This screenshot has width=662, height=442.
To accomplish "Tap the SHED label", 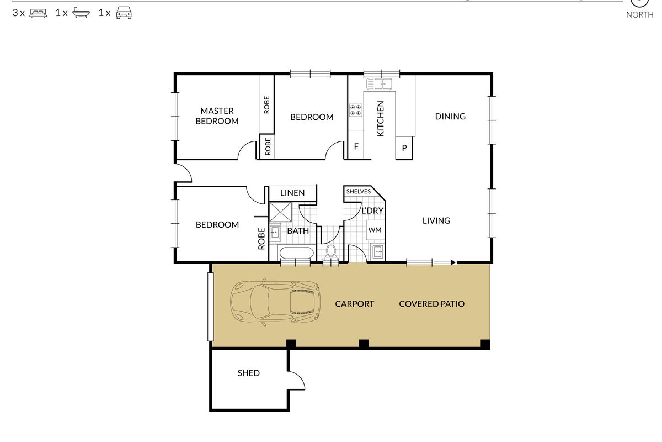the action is (x=249, y=373).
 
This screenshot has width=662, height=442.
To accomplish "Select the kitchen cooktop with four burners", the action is (x=355, y=110).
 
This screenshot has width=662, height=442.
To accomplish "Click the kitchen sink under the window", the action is (x=379, y=84).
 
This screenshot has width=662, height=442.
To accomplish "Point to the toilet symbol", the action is (x=331, y=251).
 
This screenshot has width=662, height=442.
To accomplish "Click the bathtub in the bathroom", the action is (x=296, y=254).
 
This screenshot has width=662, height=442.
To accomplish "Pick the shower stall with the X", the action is (x=280, y=212).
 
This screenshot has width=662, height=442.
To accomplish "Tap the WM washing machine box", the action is (x=375, y=230).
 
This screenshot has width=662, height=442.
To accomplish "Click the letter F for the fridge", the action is (x=356, y=146).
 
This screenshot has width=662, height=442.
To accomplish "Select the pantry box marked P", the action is (x=404, y=148).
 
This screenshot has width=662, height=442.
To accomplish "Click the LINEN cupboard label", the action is (x=292, y=193).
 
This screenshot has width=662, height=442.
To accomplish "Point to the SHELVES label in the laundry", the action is (x=358, y=192).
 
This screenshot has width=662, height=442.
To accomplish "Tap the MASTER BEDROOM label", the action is (x=217, y=116).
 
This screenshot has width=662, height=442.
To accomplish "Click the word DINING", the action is (x=450, y=117).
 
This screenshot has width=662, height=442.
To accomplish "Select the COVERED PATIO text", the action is (x=432, y=304).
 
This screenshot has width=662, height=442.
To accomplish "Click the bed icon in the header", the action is (x=38, y=13).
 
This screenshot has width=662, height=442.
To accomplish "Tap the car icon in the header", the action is (x=124, y=13).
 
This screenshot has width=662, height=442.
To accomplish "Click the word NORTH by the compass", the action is (x=639, y=15).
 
